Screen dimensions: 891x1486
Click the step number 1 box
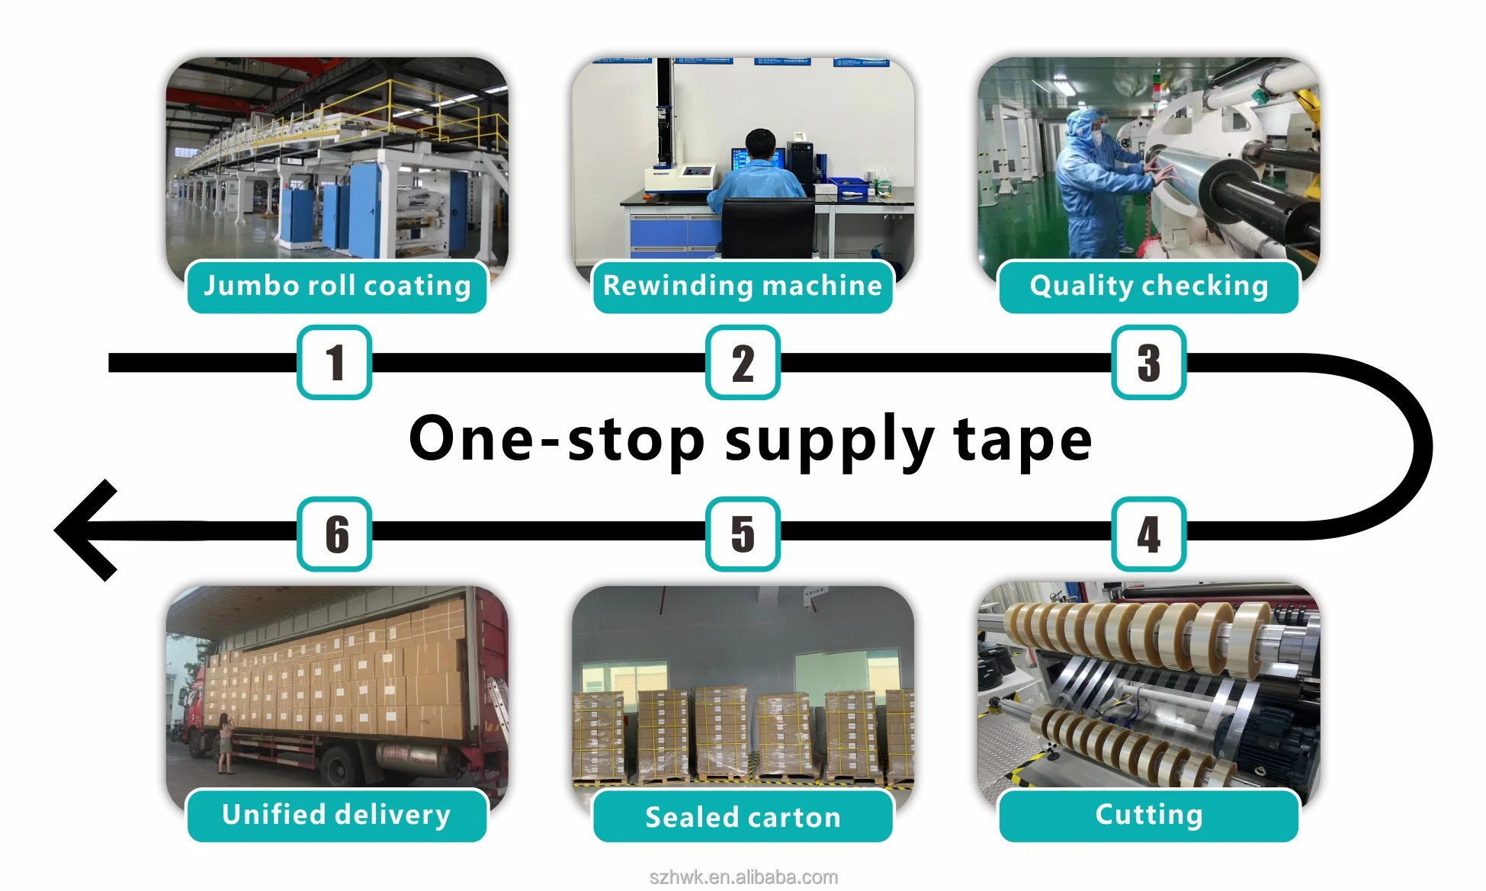coord(334,362)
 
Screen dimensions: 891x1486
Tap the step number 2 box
coord(743,362)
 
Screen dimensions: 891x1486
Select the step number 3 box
coord(1148,362)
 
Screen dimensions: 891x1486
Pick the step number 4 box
coord(1148,534)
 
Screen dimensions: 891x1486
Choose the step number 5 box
coord(743,534)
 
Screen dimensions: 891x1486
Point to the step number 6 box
coord(334,534)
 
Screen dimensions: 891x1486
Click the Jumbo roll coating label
coord(337,287)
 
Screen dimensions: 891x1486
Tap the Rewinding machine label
coord(743,287)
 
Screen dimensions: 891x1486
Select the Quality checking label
coord(1148,287)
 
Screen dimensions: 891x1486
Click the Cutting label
coord(1148,815)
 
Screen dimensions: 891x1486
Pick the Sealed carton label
coord(743,816)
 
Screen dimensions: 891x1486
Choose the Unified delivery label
coord(337,815)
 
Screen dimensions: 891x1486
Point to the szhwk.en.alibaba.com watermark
coord(743,877)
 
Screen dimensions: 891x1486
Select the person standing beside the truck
coord(226,742)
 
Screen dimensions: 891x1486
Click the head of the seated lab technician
coord(760,144)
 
